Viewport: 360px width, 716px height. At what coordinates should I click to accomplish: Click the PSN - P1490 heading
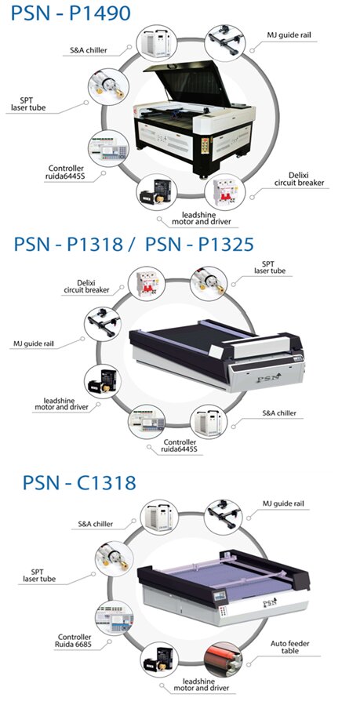[x=71, y=13]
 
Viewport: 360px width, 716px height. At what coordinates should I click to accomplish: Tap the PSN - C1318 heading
[x=79, y=482]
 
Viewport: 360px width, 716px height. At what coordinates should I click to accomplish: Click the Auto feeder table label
[x=289, y=646]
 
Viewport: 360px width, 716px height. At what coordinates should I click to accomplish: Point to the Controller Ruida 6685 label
[x=75, y=640]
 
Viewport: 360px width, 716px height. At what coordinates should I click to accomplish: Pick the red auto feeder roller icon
[x=223, y=660]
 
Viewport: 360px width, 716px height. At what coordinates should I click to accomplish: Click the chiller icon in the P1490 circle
[x=156, y=43]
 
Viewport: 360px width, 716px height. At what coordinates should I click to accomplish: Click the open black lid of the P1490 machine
[x=188, y=82]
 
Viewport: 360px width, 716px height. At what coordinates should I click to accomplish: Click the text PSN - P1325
[x=199, y=245]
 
